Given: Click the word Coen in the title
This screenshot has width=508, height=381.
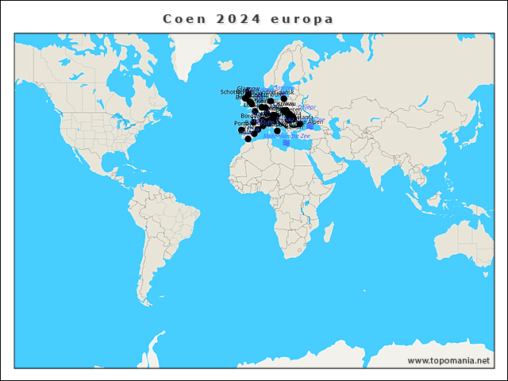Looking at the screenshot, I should [183, 18].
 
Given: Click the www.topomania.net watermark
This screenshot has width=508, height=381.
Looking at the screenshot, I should [448, 361].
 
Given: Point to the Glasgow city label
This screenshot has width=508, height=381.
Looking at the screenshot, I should [248, 88].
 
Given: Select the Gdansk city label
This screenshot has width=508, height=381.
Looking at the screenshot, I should [284, 93].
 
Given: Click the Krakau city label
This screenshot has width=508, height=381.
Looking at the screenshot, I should [287, 104].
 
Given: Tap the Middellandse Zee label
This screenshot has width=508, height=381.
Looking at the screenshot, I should [294, 137].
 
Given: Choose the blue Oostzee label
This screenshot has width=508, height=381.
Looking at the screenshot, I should [282, 87].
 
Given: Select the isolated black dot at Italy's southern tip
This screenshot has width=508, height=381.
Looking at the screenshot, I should [277, 131].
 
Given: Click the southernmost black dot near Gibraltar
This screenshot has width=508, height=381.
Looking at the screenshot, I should [248, 139].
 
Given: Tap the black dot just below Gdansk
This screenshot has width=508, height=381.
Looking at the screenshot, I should [283, 98].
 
